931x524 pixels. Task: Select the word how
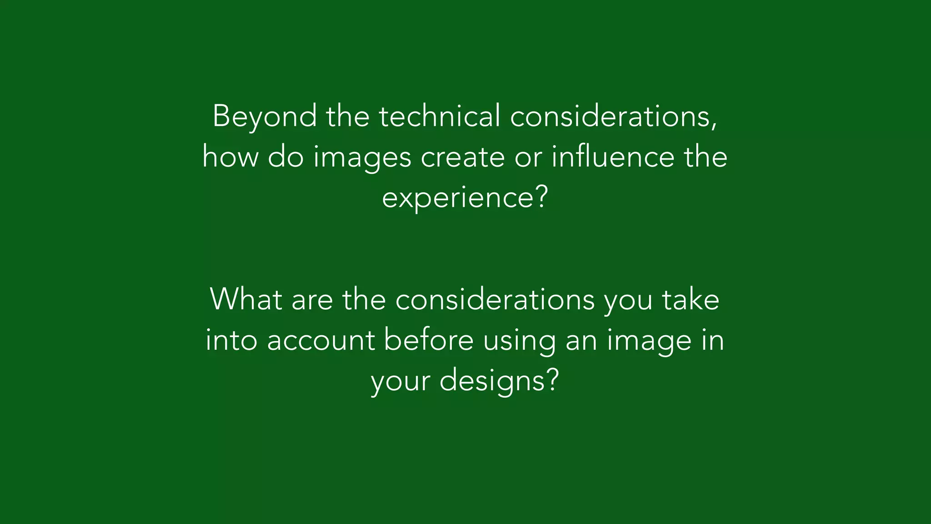[230, 156]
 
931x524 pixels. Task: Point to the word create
[462, 157]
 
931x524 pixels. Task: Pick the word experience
[457, 198]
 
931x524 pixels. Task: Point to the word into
[231, 340]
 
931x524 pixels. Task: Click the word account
[321, 340]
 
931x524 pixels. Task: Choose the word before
[429, 340]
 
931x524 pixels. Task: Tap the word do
[285, 156]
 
